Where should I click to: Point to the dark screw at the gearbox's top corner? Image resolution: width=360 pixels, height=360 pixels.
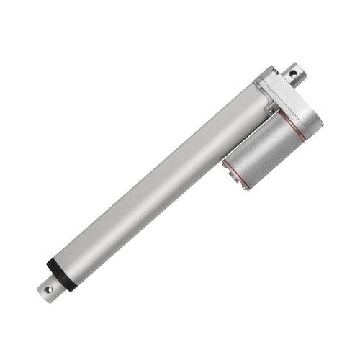coord(271,71)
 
